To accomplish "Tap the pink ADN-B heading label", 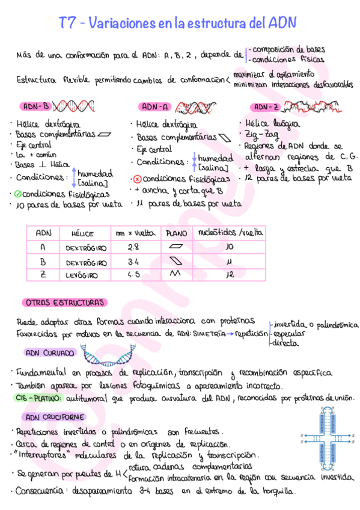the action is pyautogui.click(x=37, y=107).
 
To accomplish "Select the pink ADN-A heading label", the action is pyautogui.click(x=155, y=107).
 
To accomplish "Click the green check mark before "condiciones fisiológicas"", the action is pyautogui.click(x=18, y=194).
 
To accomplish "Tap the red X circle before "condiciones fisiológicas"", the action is pyautogui.click(x=137, y=179).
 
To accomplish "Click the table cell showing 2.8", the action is pyautogui.click(x=133, y=247).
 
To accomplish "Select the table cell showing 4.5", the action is pyautogui.click(x=133, y=275).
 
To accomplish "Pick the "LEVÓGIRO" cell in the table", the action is pyautogui.click(x=86, y=275).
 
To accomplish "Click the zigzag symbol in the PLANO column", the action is pyautogui.click(x=177, y=275).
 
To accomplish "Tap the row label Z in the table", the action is pyautogui.click(x=43, y=275).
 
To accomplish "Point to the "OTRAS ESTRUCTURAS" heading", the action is pyautogui.click(x=64, y=302).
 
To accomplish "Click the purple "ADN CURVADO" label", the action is pyautogui.click(x=50, y=353).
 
